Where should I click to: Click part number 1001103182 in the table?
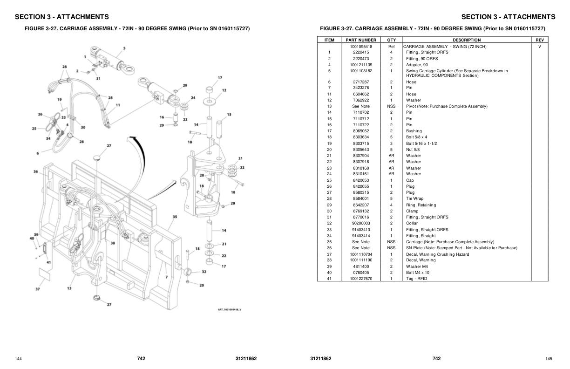click(x=361, y=71)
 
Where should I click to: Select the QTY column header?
click(x=391, y=40)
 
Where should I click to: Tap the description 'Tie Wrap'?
click(x=414, y=198)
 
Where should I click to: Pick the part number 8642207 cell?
click(x=361, y=205)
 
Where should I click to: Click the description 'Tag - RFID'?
click(x=416, y=279)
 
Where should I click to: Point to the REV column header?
click(x=539, y=40)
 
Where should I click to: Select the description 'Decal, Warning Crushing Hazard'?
click(x=437, y=254)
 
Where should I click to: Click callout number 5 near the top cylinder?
click(x=124, y=48)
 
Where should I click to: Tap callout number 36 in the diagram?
click(x=35, y=171)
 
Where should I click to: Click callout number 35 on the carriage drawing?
click(x=175, y=217)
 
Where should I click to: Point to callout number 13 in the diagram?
click(x=69, y=288)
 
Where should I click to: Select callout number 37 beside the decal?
click(x=37, y=289)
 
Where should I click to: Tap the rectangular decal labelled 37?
click(x=45, y=274)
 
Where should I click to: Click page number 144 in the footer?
click(x=18, y=359)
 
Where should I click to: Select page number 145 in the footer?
click(x=549, y=359)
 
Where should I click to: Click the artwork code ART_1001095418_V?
click(x=230, y=310)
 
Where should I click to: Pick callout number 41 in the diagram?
click(x=48, y=262)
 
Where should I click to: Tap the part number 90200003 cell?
click(x=361, y=223)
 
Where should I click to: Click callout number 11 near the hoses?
click(x=118, y=105)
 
